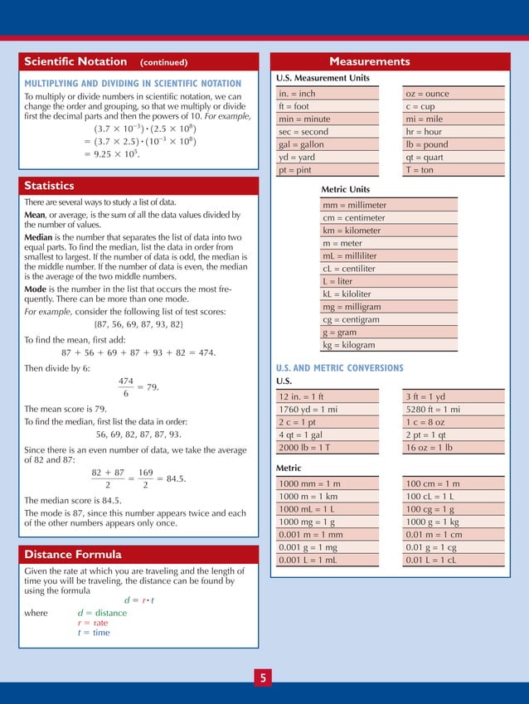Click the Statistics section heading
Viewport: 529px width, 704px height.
point(49,186)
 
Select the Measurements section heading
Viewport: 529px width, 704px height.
point(369,61)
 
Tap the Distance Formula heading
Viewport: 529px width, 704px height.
point(73,554)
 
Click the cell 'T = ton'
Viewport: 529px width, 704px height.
point(420,170)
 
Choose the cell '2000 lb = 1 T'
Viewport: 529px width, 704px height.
point(306,448)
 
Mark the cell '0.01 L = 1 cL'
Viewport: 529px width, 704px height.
point(431,560)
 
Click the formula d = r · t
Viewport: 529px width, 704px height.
point(139,600)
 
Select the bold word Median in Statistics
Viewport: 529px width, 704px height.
point(40,237)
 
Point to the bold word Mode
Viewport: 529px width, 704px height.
point(36,289)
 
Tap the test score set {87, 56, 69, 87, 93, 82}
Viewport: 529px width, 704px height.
point(138,323)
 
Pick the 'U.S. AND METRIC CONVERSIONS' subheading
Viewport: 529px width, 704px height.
point(339,368)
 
